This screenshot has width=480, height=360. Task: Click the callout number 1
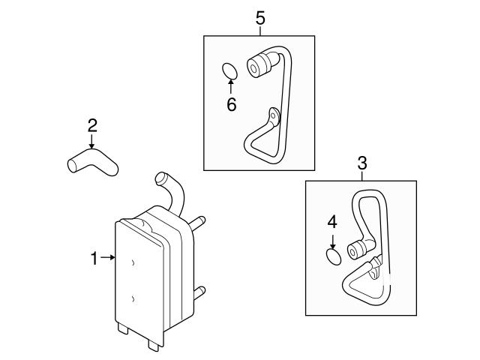pos(94,258)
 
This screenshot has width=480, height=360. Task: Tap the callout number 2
pos(92,125)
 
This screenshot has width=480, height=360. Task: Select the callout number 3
pos(362,163)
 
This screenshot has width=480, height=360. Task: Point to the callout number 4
pos(332,222)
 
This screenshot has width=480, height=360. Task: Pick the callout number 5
pos(260,18)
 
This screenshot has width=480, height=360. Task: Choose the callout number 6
pos(232,105)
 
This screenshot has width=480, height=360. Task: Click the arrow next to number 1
pos(107,258)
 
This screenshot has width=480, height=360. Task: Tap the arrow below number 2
pos(91,142)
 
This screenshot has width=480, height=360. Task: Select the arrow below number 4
pos(332,241)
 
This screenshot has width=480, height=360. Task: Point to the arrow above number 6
pos(230,86)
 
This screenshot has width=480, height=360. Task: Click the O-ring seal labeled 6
pos(229,71)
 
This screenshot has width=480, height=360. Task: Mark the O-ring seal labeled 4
pos(333,256)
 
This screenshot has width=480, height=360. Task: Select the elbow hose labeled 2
pos(92,161)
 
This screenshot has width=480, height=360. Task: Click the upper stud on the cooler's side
pos(198,223)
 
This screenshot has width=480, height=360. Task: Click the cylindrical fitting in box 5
pos(259,65)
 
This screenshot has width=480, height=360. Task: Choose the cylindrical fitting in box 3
pos(357,250)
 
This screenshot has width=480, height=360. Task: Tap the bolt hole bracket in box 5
pos(274,116)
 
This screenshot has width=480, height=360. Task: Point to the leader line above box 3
pos(362,175)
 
